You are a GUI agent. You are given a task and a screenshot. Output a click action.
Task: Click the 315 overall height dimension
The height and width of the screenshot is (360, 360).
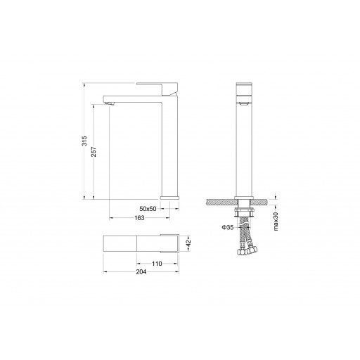84,141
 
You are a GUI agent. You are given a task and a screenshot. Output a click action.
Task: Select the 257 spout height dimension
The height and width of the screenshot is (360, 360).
94,152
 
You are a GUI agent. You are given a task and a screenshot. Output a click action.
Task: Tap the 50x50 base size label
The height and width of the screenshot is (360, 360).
148,209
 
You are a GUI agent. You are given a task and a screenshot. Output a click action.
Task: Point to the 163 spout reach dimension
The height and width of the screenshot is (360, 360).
139,218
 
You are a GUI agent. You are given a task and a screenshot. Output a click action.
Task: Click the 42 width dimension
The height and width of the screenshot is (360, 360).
188,243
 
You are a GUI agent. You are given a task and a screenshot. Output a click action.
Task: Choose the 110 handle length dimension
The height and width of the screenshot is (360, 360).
157,264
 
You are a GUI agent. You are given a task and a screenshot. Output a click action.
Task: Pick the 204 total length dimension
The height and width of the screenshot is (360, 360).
141,272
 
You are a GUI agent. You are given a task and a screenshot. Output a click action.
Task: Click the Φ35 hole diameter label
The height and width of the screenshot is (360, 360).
228,227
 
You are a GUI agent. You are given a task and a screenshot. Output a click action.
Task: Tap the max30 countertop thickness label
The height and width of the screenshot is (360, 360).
276,221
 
